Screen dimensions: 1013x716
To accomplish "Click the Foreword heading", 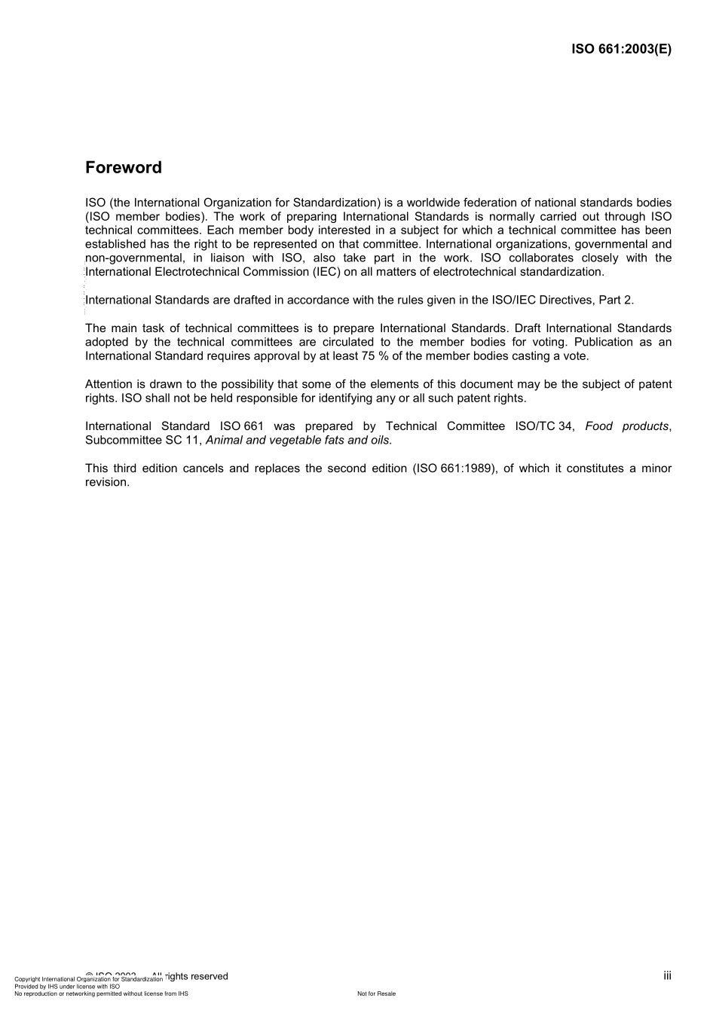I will pyautogui.click(x=123, y=167).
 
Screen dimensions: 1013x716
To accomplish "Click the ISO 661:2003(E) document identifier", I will pyautogui.click(x=621, y=49).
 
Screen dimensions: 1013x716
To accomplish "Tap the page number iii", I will pyautogui.click(x=667, y=975).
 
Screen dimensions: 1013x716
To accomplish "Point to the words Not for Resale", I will pyautogui.click(x=376, y=993).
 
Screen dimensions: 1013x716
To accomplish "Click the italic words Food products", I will pyautogui.click(x=626, y=426).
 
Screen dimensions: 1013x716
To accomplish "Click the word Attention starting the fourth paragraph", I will pyautogui.click(x=109, y=384).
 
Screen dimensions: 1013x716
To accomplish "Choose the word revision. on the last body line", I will pyautogui.click(x=107, y=482).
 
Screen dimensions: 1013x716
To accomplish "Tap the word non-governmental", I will pyautogui.click(x=134, y=258).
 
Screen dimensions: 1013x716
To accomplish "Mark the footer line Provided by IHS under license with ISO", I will pyautogui.click(x=67, y=986).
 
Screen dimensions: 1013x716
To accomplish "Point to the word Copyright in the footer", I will pyautogui.click(x=28, y=979).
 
